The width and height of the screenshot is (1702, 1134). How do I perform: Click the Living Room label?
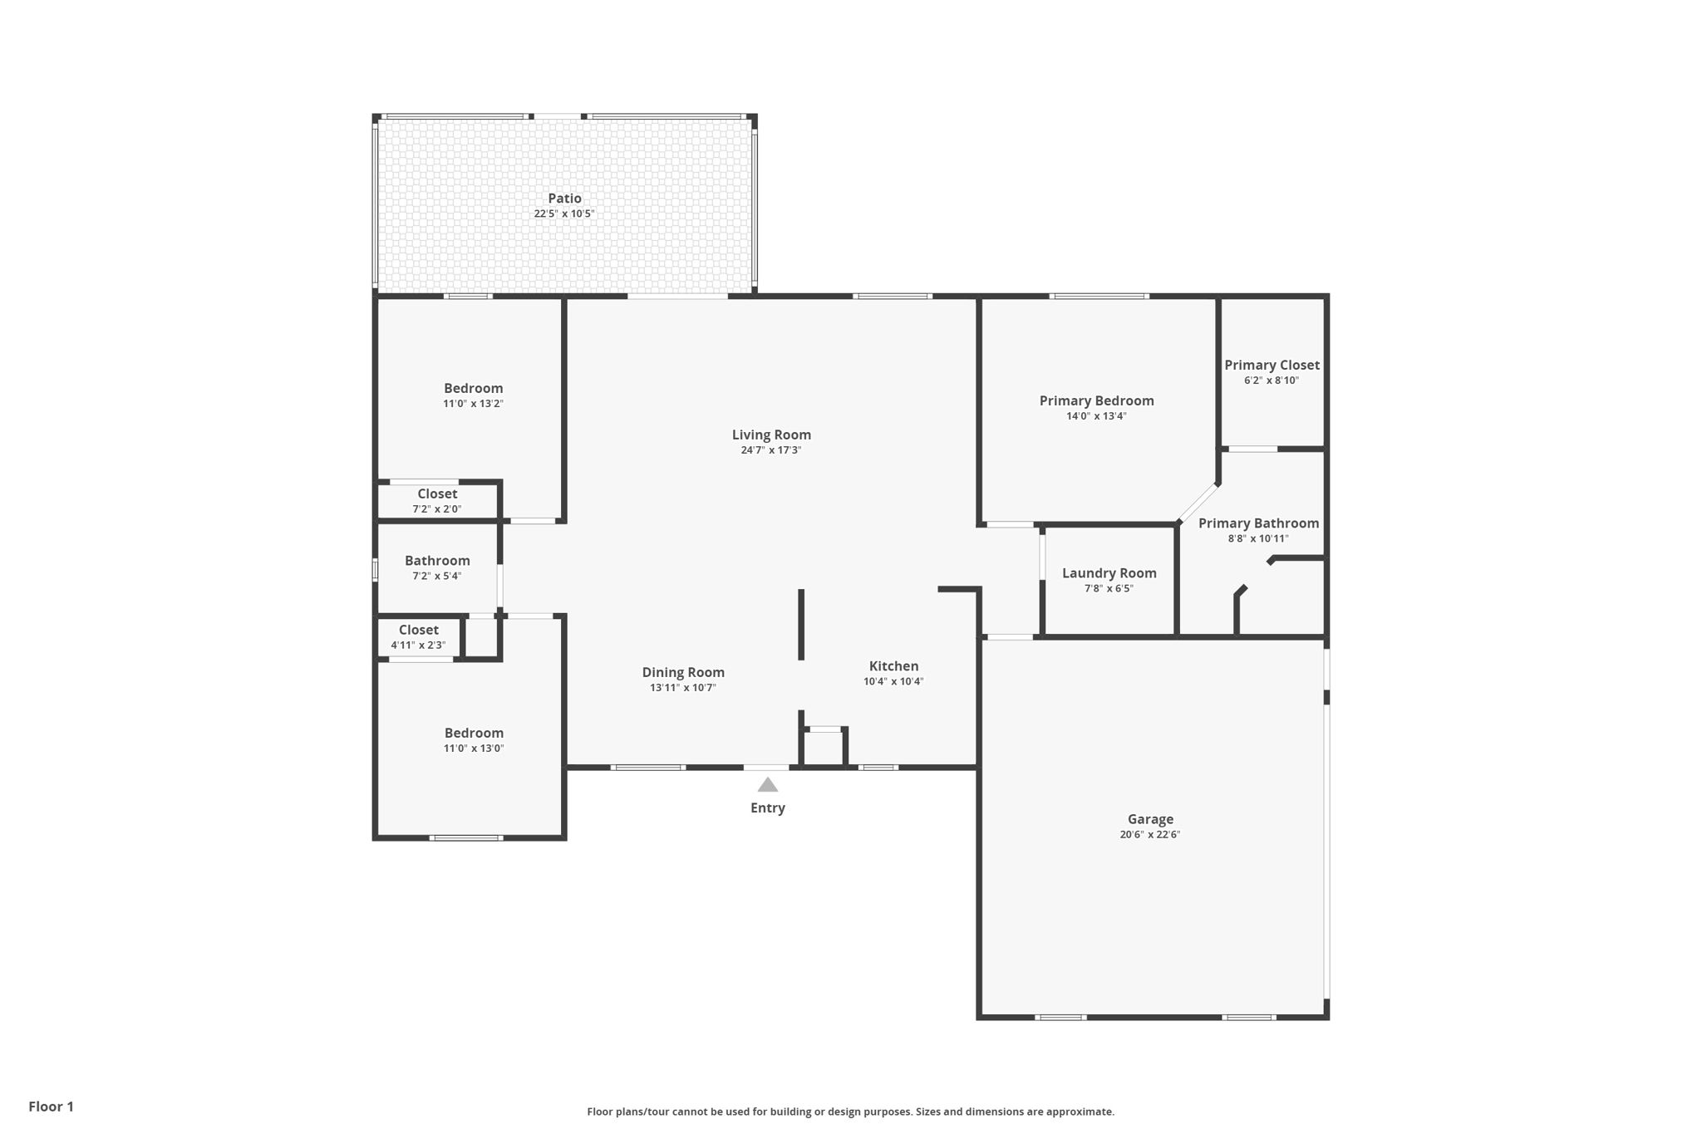point(771,434)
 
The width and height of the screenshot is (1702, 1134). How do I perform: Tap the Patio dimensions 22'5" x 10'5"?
point(564,214)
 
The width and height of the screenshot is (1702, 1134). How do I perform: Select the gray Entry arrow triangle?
point(768,784)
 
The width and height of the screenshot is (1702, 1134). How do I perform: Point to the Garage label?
point(1150,819)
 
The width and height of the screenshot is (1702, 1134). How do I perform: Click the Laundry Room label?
point(1109,573)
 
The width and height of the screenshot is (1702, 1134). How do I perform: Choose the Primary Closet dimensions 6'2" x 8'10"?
point(1272,380)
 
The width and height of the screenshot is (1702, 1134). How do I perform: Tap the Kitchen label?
point(893,666)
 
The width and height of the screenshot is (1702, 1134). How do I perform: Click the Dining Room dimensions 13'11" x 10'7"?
point(683,688)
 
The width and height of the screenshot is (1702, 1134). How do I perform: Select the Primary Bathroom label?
point(1258,523)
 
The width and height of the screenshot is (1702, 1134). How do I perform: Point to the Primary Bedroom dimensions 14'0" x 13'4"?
point(1096,416)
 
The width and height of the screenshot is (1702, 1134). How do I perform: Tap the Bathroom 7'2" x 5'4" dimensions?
point(437,576)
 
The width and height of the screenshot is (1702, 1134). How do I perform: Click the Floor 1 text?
point(52,1107)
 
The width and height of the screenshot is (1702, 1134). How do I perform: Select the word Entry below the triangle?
point(768,808)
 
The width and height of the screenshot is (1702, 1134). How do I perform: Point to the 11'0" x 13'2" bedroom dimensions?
point(473,404)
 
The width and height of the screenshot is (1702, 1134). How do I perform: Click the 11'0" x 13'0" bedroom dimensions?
point(474,749)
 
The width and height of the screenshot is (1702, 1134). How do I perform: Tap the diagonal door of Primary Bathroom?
point(1198,503)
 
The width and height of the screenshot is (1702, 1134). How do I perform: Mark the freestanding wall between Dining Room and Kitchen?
point(801,625)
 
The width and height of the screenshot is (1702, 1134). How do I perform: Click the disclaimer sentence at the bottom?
point(851,1112)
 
